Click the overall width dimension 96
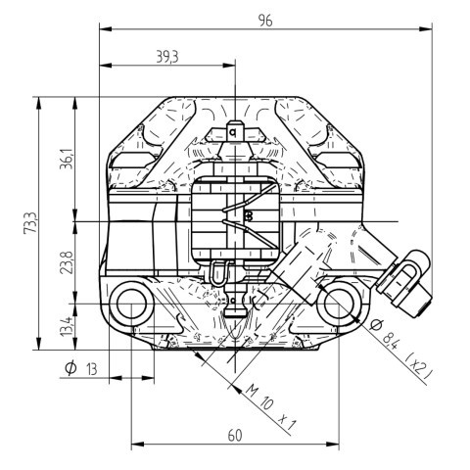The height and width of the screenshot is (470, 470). (265, 21)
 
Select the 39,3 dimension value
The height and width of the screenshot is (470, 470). (167, 57)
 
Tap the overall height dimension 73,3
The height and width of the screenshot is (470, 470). (30, 222)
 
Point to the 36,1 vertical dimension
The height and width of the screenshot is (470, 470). (67, 159)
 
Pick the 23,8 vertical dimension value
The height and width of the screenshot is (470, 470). (67, 262)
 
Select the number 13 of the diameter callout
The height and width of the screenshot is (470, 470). (92, 369)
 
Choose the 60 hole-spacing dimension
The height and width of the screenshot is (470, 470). (235, 435)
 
